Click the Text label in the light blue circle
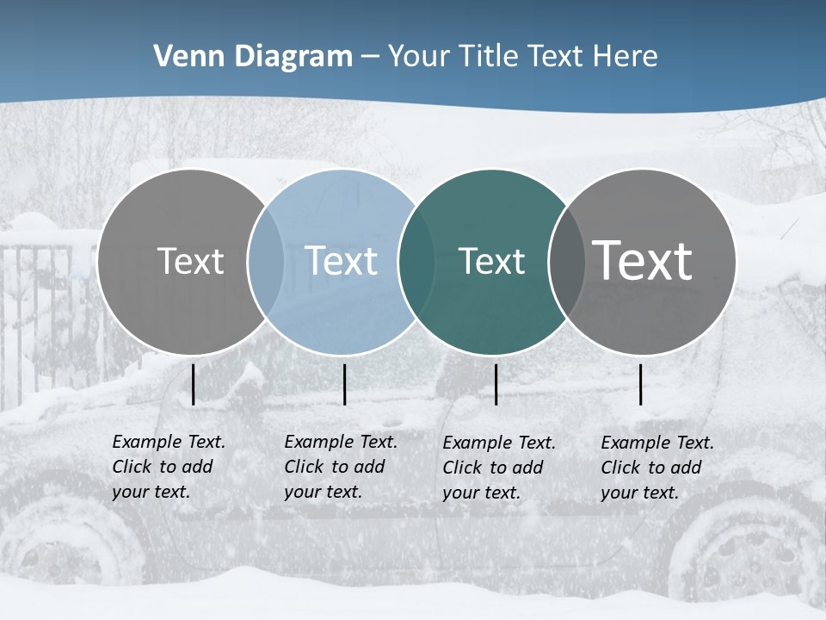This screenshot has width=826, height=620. [341, 261]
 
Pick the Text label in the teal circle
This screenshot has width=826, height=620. [491, 261]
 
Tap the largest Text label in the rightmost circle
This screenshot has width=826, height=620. [643, 260]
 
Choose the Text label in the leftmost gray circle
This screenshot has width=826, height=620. [190, 261]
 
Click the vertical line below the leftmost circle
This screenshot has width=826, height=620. [194, 384]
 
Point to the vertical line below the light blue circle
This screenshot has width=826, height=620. [344, 384]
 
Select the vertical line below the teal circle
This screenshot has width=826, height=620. [496, 384]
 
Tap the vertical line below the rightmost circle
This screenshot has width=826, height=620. [641, 384]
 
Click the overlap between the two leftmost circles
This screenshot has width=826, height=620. [266, 262]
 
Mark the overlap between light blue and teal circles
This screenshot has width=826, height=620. [416, 262]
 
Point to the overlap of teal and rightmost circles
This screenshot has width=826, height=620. [566, 262]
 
